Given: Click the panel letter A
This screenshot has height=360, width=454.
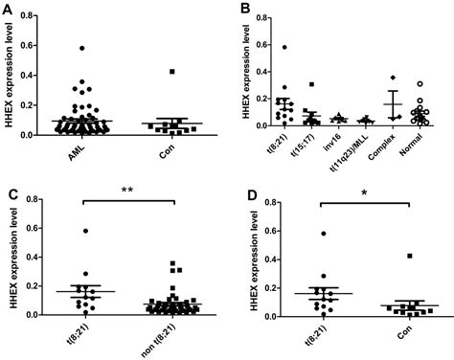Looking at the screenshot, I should coord(8,9).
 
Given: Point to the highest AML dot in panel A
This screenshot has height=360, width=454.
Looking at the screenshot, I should coord(83,48).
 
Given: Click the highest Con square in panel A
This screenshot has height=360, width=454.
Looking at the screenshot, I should coord(172,72).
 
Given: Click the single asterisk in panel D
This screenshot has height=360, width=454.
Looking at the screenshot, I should coord(363,194).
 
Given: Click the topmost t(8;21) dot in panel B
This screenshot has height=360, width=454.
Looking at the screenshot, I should coord(284,47).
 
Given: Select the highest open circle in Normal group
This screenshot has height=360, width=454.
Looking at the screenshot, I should coord(419,83).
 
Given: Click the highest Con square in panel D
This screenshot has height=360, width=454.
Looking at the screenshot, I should coord(410,257).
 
